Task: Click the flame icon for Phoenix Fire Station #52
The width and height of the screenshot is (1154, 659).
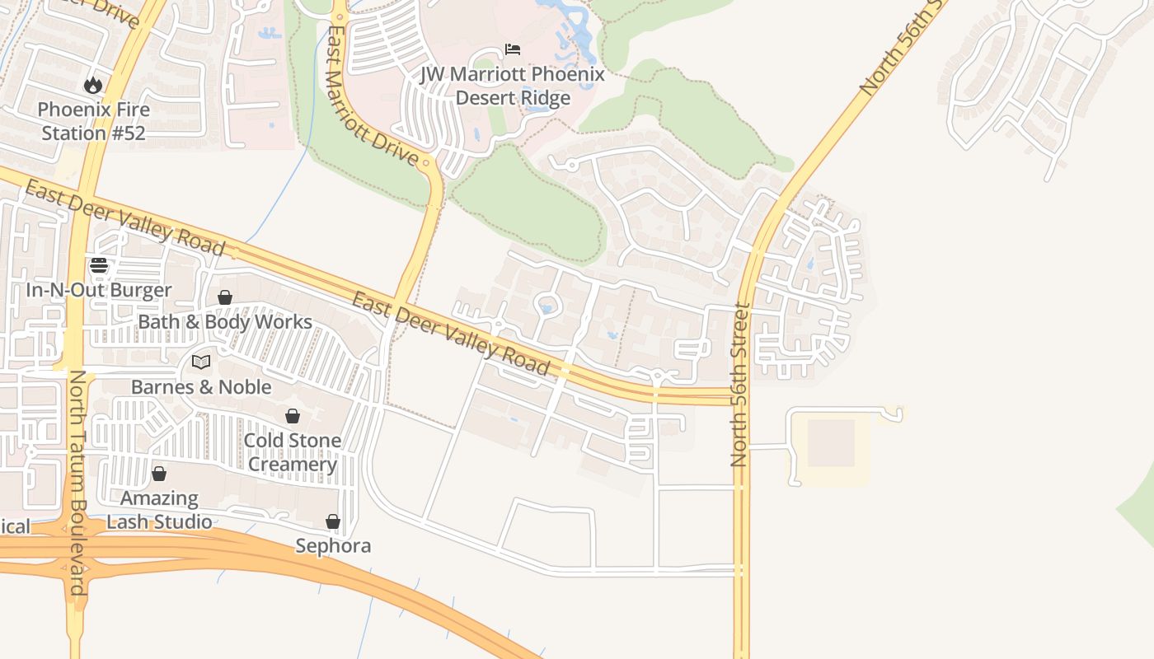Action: (93, 84)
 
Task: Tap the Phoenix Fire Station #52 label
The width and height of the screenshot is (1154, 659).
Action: (94, 121)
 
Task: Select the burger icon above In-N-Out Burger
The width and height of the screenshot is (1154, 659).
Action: (99, 265)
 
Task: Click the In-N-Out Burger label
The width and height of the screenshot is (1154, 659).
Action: (99, 290)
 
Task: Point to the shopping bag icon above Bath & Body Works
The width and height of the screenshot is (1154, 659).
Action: (224, 297)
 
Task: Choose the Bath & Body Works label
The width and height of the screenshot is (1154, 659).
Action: (225, 321)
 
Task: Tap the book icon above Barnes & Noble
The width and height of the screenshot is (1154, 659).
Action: (201, 362)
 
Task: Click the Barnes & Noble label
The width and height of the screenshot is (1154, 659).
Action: (201, 386)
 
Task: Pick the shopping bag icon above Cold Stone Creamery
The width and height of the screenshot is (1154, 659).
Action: (292, 416)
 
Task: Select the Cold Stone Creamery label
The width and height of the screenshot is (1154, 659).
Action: (292, 452)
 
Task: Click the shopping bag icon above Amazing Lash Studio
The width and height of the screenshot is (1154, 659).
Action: (159, 474)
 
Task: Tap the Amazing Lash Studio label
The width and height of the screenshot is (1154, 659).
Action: (159, 510)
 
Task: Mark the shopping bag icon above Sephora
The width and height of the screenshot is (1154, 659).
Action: (333, 521)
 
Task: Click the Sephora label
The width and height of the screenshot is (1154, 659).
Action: (333, 545)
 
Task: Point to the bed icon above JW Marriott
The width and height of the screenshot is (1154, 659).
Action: (513, 49)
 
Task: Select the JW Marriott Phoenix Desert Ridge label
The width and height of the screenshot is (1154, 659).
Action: (513, 86)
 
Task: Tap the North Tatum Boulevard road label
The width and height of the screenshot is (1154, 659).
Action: (77, 482)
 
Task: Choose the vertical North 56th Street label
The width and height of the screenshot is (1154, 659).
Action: (739, 386)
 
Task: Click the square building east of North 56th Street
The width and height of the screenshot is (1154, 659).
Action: (831, 443)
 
